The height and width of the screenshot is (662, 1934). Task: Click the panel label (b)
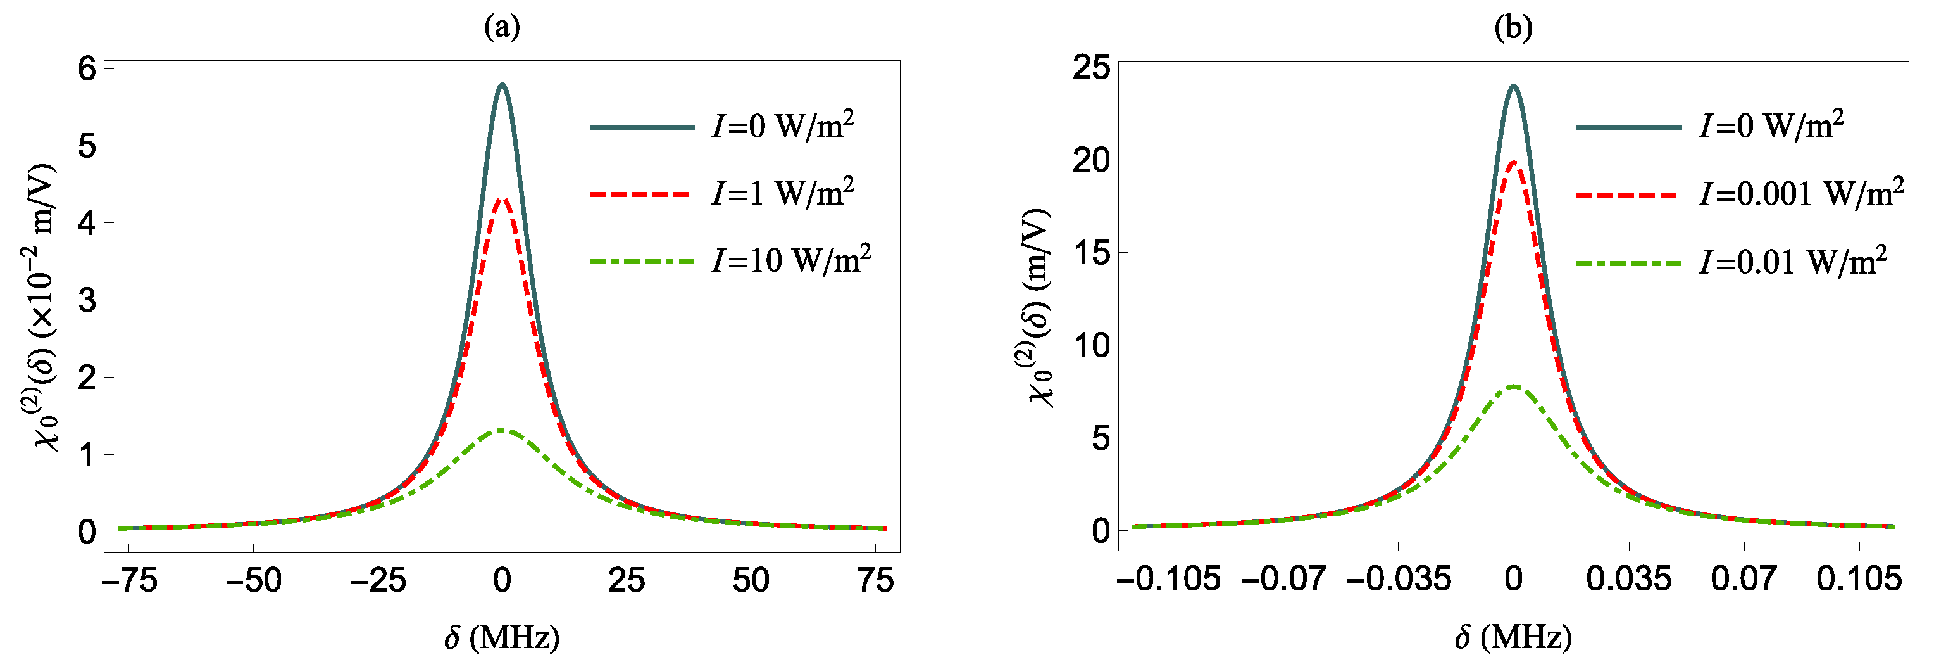[x=1514, y=27]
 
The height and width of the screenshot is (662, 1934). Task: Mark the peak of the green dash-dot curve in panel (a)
[x=501, y=430]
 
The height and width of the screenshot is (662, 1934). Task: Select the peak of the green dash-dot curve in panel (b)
[x=1514, y=386]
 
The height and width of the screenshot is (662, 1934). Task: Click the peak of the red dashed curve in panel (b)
[x=1514, y=162]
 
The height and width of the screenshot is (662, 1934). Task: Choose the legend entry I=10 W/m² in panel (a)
[x=790, y=260]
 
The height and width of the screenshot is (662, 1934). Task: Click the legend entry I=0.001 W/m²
[x=1801, y=194]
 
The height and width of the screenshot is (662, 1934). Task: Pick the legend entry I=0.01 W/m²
[x=1793, y=262]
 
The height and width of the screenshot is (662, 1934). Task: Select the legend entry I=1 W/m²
[x=782, y=193]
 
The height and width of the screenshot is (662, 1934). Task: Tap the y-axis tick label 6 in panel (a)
[x=87, y=69]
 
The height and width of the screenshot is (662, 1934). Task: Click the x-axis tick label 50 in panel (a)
[x=751, y=580]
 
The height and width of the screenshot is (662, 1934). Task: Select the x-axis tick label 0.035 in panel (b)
[x=1628, y=578]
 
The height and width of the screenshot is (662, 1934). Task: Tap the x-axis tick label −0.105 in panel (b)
[x=1168, y=578]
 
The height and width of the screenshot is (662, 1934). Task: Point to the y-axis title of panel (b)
[x=1039, y=308]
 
